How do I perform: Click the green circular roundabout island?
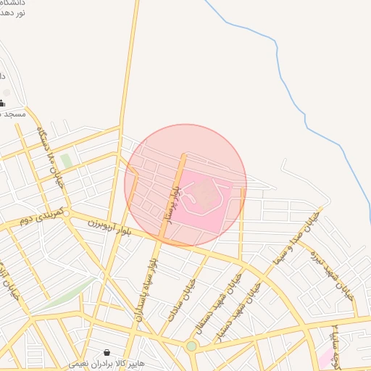(191, 346)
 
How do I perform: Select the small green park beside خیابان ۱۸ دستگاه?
(66, 160)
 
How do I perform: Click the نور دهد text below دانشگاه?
(14, 14)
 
